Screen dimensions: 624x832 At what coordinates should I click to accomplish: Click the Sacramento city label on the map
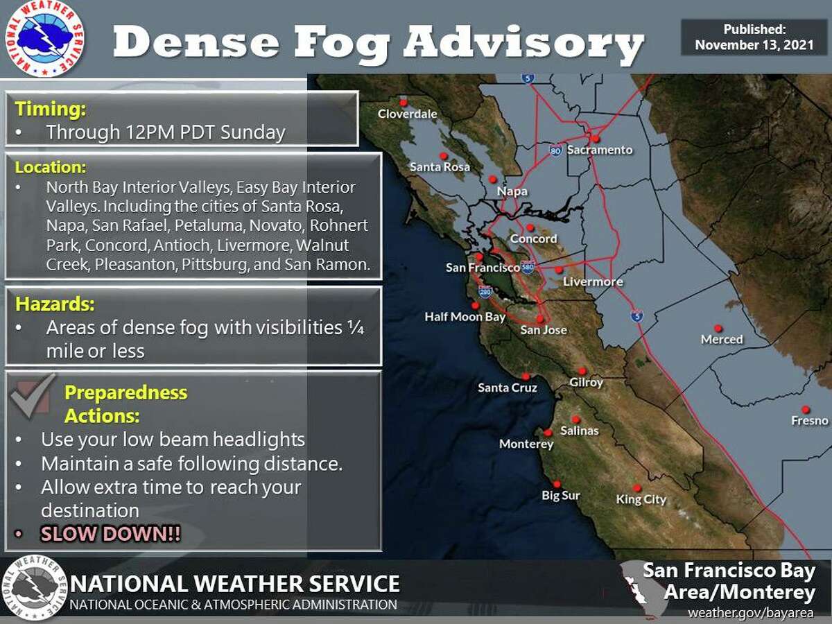600,150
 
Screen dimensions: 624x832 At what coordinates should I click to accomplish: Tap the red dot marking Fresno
805,410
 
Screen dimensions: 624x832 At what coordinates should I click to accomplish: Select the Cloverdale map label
408,114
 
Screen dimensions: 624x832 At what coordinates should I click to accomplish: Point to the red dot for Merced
718,328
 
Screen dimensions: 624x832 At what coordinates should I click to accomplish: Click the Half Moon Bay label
465,317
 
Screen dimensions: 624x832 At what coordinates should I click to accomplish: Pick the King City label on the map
641,499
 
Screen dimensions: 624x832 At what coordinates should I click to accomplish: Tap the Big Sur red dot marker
556,484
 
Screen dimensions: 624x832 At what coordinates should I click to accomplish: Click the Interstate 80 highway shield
555,150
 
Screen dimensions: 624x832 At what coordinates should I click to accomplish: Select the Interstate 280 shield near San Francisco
485,292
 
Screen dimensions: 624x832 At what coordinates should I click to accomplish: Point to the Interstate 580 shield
529,266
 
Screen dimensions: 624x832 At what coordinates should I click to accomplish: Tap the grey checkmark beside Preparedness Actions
33,395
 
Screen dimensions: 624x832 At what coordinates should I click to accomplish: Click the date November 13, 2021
754,44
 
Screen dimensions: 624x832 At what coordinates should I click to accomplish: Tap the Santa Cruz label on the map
508,388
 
